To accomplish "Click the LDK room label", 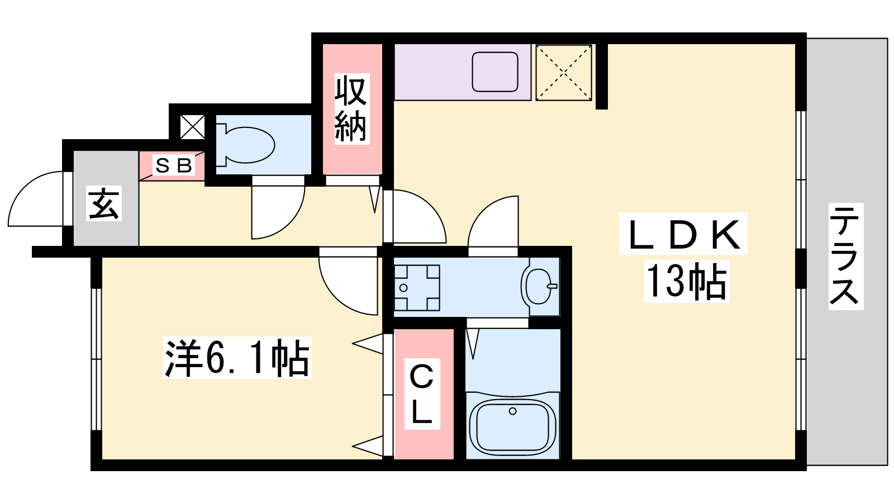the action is tap(683, 234).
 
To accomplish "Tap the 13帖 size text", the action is tap(687, 282).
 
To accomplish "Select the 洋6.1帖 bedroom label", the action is tap(237, 358).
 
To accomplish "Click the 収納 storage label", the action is tap(351, 108).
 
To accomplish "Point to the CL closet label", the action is tap(422, 394).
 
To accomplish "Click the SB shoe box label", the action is tap(174, 165).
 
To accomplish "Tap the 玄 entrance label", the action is tap(104, 203).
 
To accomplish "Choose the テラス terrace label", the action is tap(846, 256).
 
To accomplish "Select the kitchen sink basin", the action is tap(495, 72).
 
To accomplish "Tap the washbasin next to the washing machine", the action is tap(540, 286).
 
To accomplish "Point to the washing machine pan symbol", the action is tap(417, 287).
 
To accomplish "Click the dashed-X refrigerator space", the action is tap(564, 72).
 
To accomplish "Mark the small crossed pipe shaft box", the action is tap(192, 127).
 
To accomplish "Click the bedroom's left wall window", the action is tap(96, 359).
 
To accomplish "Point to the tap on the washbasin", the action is tap(552, 286).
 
